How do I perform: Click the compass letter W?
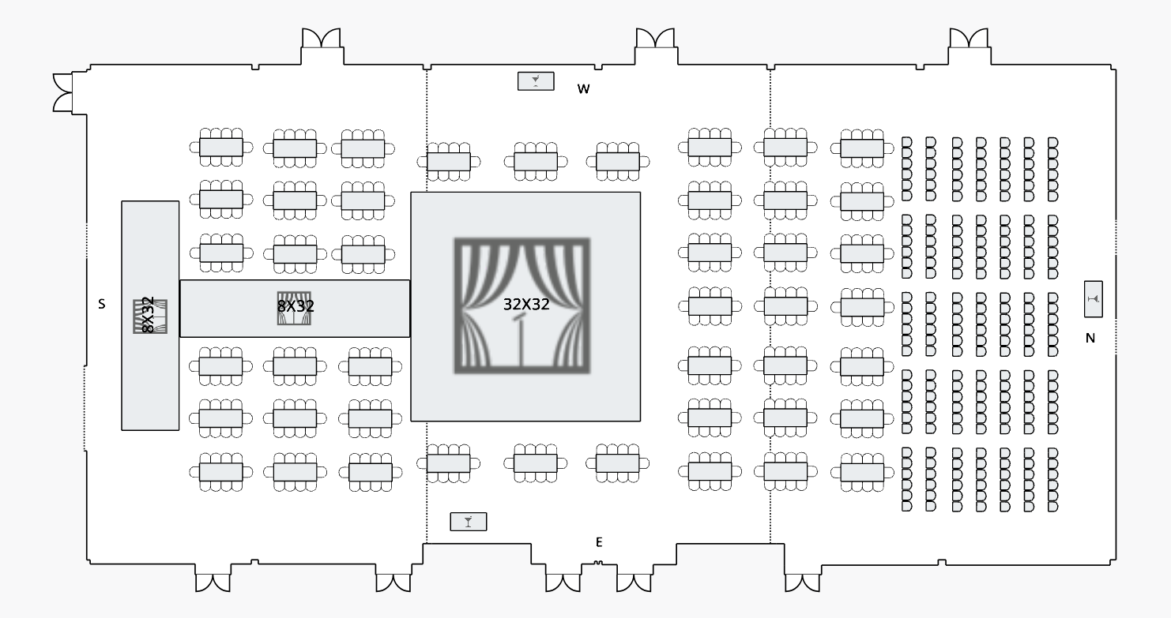point(583,89)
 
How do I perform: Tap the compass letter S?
point(101,304)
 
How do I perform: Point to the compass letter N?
point(1090,338)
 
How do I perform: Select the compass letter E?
point(599,542)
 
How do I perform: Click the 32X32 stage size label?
point(526,304)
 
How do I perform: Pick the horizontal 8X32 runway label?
point(296,306)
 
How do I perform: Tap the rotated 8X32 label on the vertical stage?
point(148,315)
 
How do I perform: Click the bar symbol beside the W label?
point(536,81)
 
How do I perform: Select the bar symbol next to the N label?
point(1094,299)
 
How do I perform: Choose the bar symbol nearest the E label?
point(469,522)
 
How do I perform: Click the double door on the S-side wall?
point(62,92)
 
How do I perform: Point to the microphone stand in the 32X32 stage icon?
point(520,339)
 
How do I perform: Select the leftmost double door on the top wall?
point(322,39)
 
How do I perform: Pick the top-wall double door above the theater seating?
point(968,39)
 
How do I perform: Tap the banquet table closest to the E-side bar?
point(449,463)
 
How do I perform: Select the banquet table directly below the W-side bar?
point(536,162)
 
